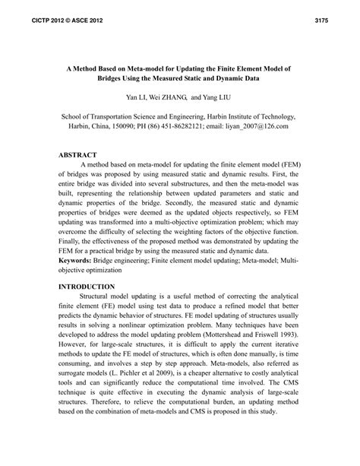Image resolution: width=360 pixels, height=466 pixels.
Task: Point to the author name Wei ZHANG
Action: click(171, 97)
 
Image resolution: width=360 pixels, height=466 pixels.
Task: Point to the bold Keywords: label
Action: click(79, 260)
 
